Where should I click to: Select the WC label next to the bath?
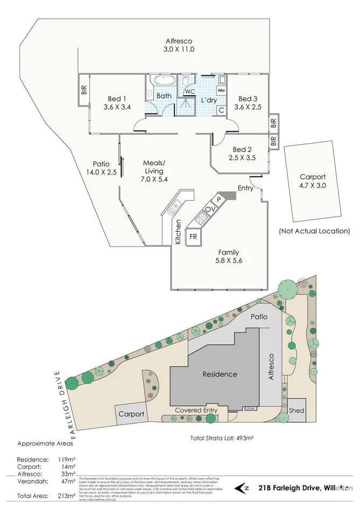coord(189,91)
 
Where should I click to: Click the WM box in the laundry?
coord(221,90)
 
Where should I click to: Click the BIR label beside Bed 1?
coord(84,90)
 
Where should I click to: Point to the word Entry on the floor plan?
coord(245,188)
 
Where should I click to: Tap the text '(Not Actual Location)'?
coord(314,231)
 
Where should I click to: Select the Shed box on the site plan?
coord(297,411)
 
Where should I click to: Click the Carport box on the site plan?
coord(131,414)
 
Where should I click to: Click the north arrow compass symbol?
coord(243,488)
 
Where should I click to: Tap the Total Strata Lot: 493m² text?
coord(222,438)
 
